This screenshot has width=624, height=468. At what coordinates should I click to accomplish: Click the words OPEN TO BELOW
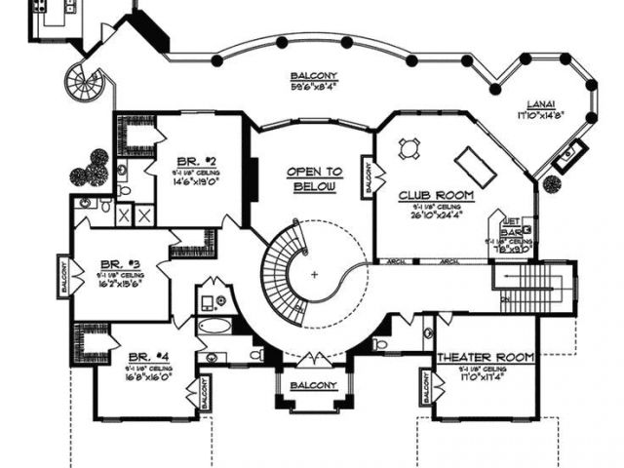pyautogui.click(x=312, y=178)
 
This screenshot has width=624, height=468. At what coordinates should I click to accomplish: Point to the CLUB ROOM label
pyautogui.click(x=436, y=195)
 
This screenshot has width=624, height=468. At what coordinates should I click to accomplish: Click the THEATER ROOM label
pyautogui.click(x=485, y=358)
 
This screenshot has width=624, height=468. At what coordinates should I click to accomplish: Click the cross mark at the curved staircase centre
pyautogui.click(x=314, y=275)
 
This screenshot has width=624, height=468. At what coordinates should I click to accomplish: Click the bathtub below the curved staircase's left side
pyautogui.click(x=215, y=327)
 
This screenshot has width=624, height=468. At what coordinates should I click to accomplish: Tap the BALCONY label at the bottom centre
pyautogui.click(x=312, y=385)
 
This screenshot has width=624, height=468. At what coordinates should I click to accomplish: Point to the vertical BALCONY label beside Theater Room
pyautogui.click(x=428, y=388)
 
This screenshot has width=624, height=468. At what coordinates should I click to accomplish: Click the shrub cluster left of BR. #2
pyautogui.click(x=92, y=170)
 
